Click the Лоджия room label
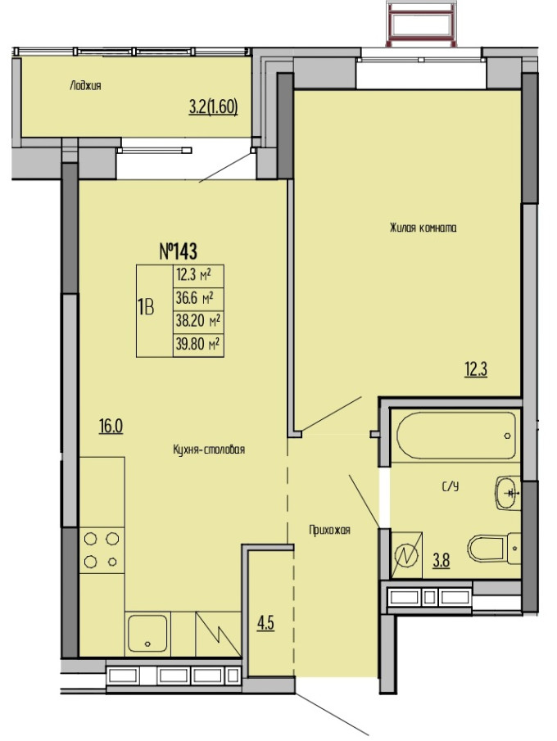click(x=85, y=85)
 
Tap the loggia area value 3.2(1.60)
click(x=213, y=107)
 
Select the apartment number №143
click(x=178, y=251)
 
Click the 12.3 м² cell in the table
click(x=198, y=274)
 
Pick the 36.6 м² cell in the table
click(x=198, y=298)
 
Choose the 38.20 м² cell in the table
click(x=198, y=321)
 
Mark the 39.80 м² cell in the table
click(x=198, y=344)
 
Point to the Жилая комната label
click(x=423, y=228)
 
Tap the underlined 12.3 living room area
click(x=476, y=369)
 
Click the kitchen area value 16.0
click(x=111, y=427)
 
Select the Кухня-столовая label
click(x=209, y=450)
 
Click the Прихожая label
click(x=329, y=531)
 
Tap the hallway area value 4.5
click(x=265, y=623)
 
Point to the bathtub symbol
click(x=456, y=436)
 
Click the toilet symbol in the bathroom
click(x=495, y=549)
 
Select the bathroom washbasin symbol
click(x=507, y=493)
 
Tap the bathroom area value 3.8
click(x=442, y=561)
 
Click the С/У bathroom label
click(x=451, y=486)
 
